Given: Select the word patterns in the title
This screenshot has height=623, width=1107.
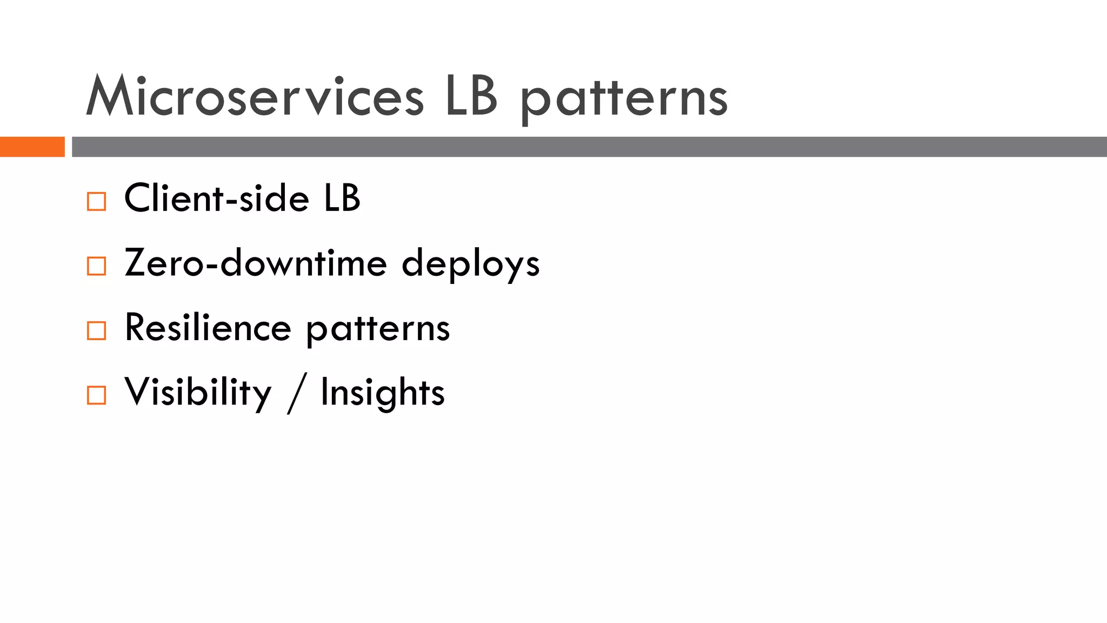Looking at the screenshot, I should click(624, 100).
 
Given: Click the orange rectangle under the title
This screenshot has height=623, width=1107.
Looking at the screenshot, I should click(32, 147).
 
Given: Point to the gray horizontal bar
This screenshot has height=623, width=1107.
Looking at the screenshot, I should click(589, 147).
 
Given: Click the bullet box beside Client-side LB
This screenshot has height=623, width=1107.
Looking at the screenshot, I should click(96, 202).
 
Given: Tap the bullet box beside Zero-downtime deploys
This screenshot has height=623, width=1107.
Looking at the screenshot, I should click(96, 266).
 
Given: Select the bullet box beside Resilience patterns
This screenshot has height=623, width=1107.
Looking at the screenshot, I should click(96, 330).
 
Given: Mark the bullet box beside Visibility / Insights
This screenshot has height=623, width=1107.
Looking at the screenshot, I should click(96, 395).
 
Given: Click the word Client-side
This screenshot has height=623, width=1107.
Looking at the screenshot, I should click(216, 198).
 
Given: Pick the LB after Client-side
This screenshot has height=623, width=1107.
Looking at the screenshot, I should click(342, 198).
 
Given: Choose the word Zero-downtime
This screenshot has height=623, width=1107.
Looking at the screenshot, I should click(256, 263).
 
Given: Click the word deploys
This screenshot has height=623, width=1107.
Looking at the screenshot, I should click(471, 265).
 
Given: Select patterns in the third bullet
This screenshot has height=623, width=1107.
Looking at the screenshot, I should click(378, 330).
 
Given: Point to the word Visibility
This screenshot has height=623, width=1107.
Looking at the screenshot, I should click(198, 393).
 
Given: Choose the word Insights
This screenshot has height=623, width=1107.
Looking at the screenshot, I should click(383, 393).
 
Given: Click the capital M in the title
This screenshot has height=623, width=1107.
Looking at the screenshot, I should click(109, 96).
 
